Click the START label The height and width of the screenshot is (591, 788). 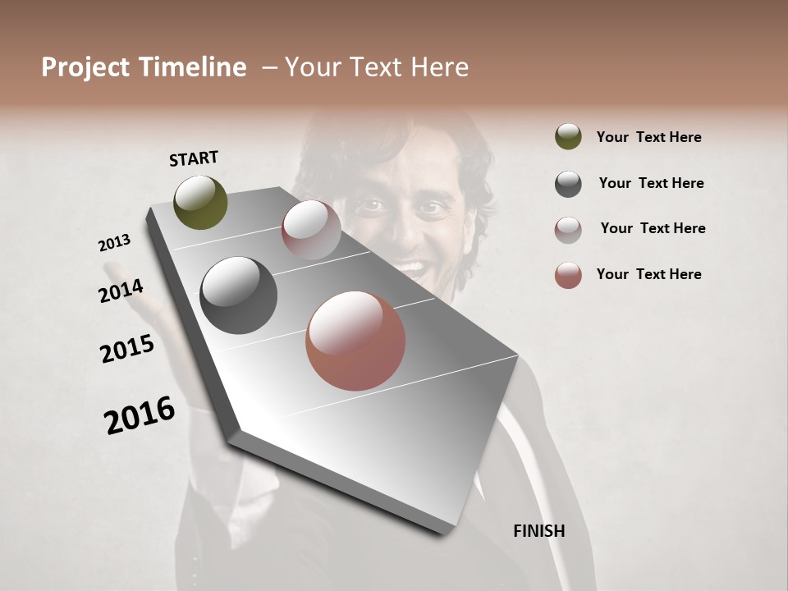[194, 158]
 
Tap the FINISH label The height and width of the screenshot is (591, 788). [538, 531]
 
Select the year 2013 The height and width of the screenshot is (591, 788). [114, 243]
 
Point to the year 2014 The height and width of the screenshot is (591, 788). [121, 291]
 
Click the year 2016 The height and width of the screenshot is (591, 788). [140, 415]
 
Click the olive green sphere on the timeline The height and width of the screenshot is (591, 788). [201, 202]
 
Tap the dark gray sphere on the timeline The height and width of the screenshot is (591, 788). [238, 295]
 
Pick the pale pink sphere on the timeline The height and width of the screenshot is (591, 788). [311, 230]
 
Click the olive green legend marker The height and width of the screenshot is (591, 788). [568, 137]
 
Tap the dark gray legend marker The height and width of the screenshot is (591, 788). [568, 184]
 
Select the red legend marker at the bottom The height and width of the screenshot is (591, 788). [568, 275]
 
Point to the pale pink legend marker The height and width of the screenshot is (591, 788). [568, 230]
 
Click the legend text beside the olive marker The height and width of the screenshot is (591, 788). [648, 137]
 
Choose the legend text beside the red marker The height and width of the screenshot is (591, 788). [648, 274]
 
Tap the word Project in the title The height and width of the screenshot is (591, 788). [86, 67]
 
